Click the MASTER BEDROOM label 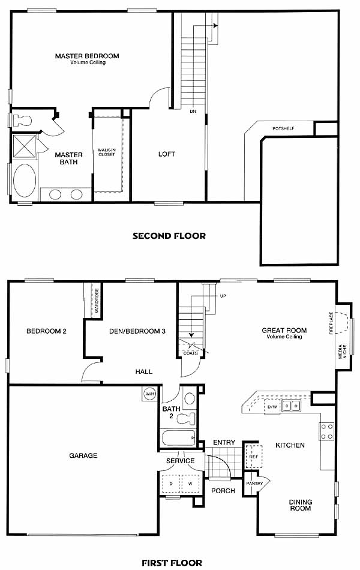tap(87, 56)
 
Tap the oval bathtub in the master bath tap(25, 181)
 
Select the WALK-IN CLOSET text tap(107, 152)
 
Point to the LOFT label tap(167, 154)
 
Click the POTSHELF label tap(283, 128)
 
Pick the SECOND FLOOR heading tap(169, 236)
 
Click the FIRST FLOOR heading tap(172, 563)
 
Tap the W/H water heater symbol tap(149, 394)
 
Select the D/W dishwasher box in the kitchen tap(272, 406)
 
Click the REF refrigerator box tap(253, 456)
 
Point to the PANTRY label tap(254, 484)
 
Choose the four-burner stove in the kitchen tap(326, 431)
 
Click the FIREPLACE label tap(331, 323)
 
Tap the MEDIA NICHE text tap(343, 352)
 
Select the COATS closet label tap(191, 353)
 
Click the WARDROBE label tap(97, 301)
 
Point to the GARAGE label tap(83, 455)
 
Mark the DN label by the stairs tap(193, 111)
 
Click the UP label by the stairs tap(223, 296)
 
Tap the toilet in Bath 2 tap(186, 418)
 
